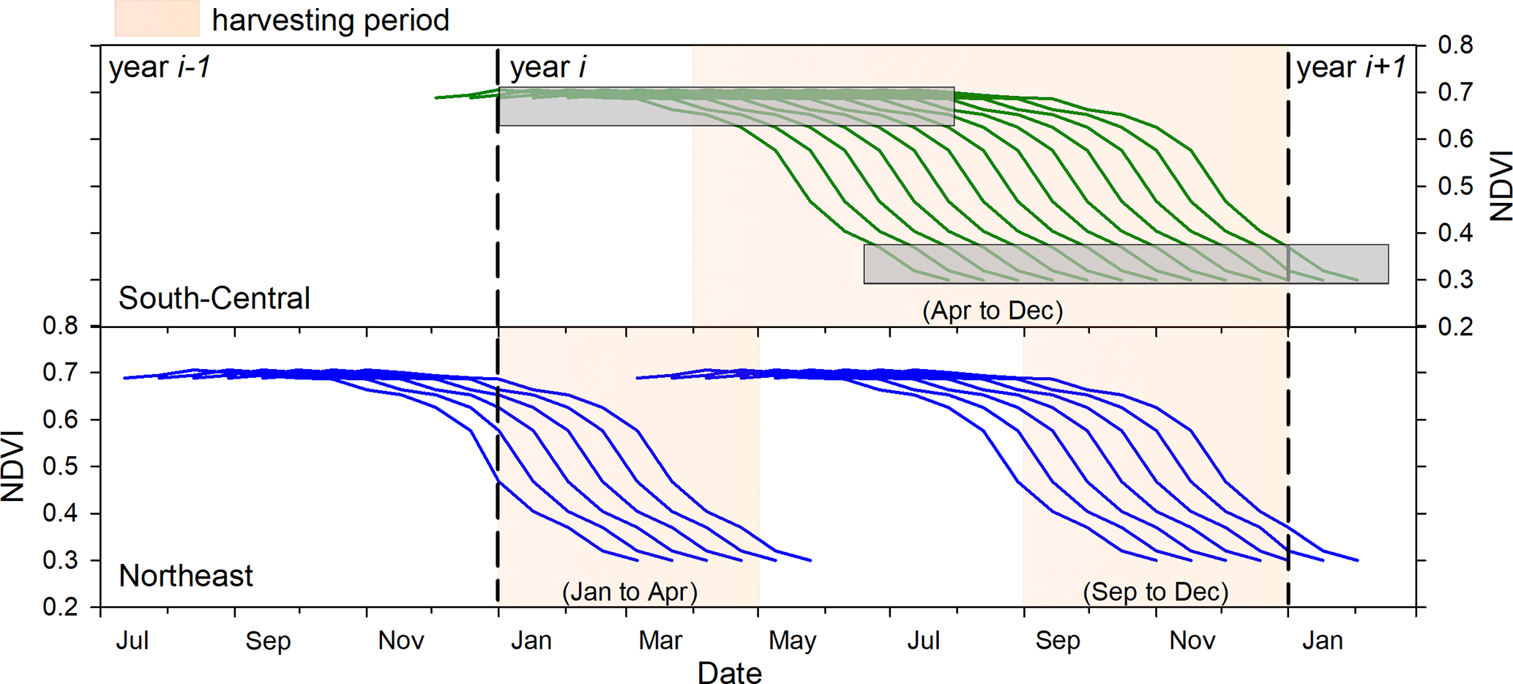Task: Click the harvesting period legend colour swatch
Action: click(x=157, y=18)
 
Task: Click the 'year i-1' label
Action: click(x=160, y=67)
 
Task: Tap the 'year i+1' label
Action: click(x=1351, y=67)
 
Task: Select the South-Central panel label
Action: click(x=214, y=298)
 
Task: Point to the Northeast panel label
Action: click(x=186, y=576)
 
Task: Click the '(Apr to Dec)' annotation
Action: click(x=993, y=311)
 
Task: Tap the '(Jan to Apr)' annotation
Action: click(x=630, y=591)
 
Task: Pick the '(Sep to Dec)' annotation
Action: click(x=1155, y=591)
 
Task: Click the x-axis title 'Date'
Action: click(x=730, y=672)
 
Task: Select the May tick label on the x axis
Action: click(x=793, y=641)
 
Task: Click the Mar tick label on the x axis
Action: click(x=660, y=641)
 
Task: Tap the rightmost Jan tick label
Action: click(x=1323, y=641)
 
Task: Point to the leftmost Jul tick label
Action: click(x=132, y=641)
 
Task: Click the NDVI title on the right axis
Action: click(x=1501, y=185)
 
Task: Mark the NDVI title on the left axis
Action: click(x=12, y=466)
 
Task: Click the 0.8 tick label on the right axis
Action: click(x=1455, y=45)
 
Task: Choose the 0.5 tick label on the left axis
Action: click(x=61, y=466)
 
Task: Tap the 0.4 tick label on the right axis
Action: click(x=1455, y=233)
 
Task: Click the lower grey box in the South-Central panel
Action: click(x=1126, y=264)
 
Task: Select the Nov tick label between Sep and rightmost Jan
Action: click(x=1192, y=641)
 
